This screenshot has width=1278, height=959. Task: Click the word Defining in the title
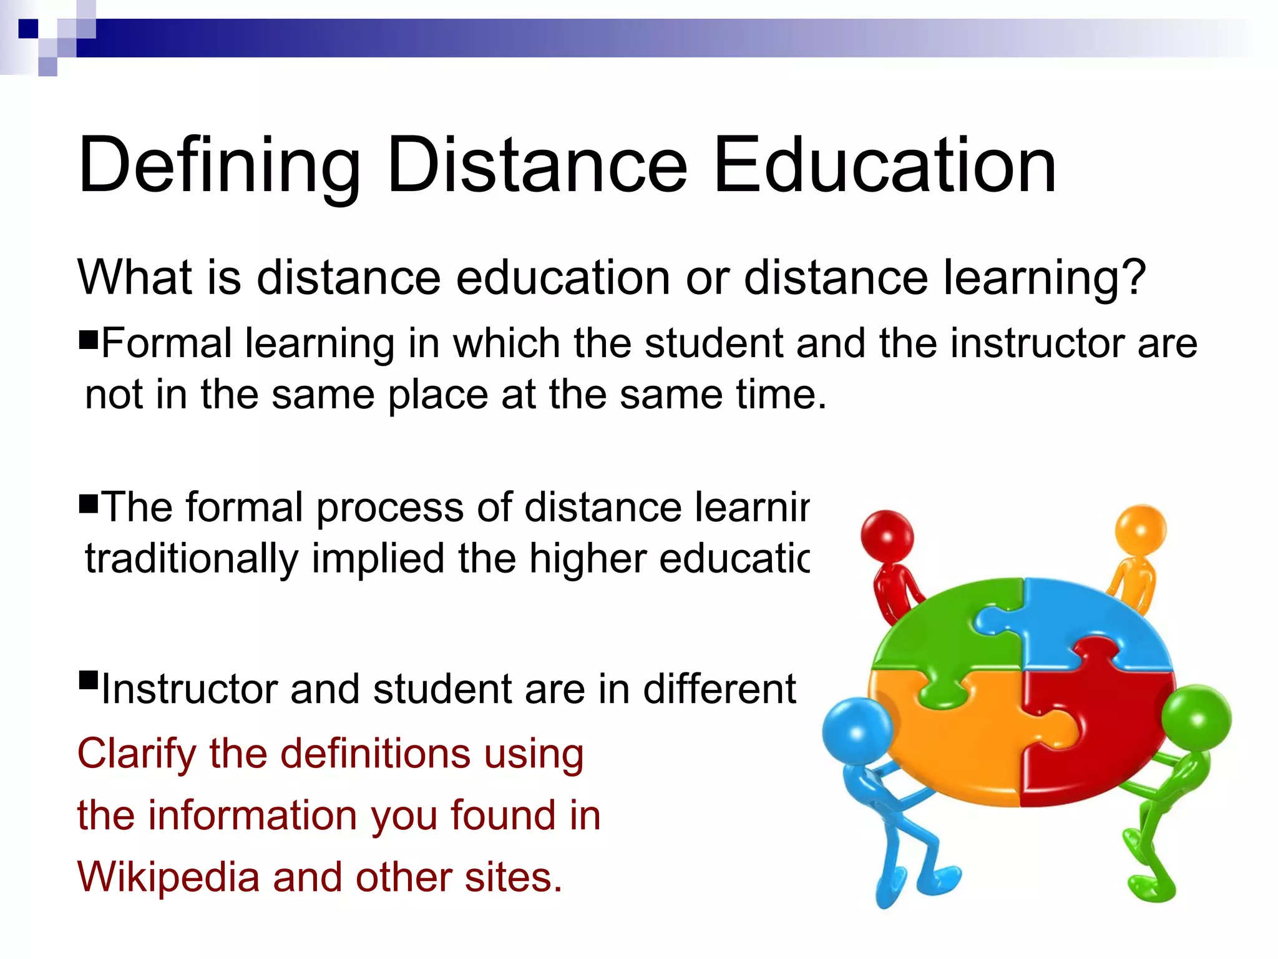coord(218,166)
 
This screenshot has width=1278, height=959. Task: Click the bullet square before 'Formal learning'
coord(89,340)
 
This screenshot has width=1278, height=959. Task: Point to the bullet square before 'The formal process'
coord(89,503)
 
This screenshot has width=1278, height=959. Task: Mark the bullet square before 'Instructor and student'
coord(89,679)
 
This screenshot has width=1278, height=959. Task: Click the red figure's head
coord(887,536)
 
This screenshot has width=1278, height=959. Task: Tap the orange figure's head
coord(1141,530)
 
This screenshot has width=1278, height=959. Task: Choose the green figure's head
coord(1197,717)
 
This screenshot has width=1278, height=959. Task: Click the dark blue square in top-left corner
coord(28,29)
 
